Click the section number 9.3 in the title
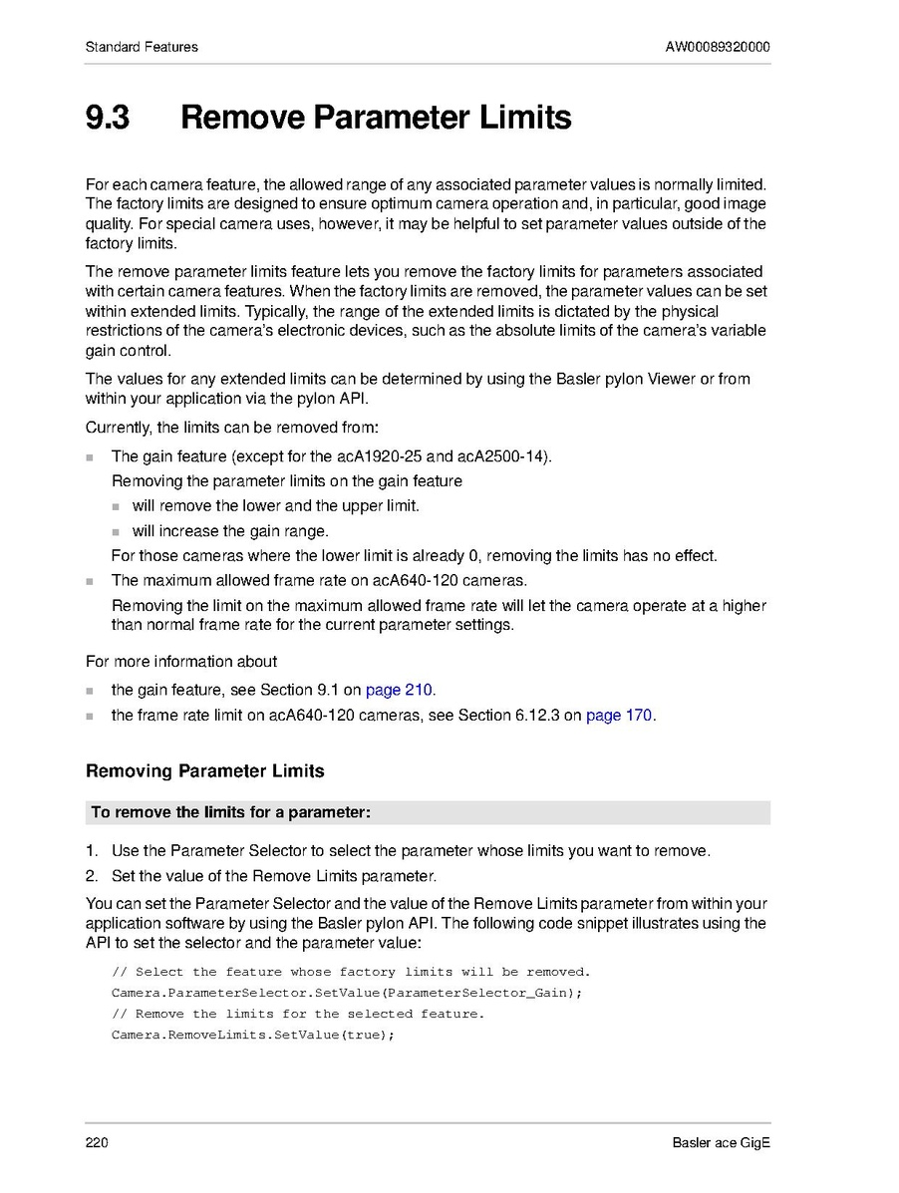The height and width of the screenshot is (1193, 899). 107,118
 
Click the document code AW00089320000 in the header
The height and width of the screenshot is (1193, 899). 718,47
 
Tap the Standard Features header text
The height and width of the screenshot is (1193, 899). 142,47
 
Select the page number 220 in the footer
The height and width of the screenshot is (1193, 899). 97,1142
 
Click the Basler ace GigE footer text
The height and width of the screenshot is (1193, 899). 721,1142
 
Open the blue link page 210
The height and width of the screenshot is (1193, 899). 399,690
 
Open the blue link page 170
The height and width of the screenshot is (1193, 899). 619,715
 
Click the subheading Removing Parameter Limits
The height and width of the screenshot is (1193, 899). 204,771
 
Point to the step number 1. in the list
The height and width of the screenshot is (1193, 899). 92,851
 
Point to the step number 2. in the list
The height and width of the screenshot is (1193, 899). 92,876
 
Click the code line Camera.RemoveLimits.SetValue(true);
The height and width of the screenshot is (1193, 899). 253,1035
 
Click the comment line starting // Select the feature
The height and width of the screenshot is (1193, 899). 351,972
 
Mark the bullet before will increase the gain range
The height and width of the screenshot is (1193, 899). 116,531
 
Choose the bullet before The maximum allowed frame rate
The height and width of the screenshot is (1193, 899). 91,580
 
